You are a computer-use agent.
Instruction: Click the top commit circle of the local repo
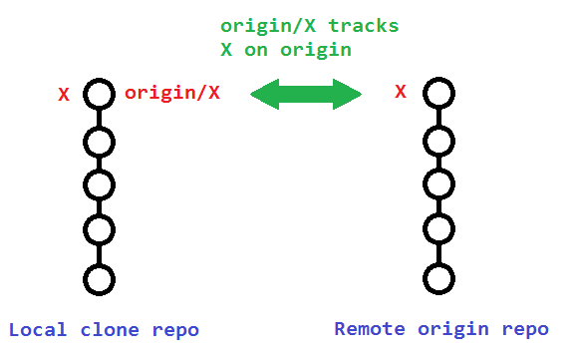point(98,95)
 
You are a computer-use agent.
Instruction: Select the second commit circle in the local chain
point(98,141)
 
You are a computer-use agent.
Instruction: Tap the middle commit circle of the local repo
point(98,185)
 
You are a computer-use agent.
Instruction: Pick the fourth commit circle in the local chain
point(98,230)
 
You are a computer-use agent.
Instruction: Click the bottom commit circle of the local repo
point(98,278)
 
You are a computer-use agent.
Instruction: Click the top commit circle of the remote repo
point(438,95)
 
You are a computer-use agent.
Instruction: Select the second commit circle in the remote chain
point(438,141)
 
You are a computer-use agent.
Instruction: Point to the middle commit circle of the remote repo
point(438,185)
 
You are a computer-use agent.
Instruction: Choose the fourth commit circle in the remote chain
point(438,230)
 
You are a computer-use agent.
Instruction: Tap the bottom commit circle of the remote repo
point(438,278)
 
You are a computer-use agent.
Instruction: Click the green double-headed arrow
point(305,95)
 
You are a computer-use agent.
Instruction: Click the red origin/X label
point(171,94)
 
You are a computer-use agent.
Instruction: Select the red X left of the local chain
point(64,96)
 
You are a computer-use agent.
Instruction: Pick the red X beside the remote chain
point(401,93)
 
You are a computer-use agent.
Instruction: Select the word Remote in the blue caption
point(368,329)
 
